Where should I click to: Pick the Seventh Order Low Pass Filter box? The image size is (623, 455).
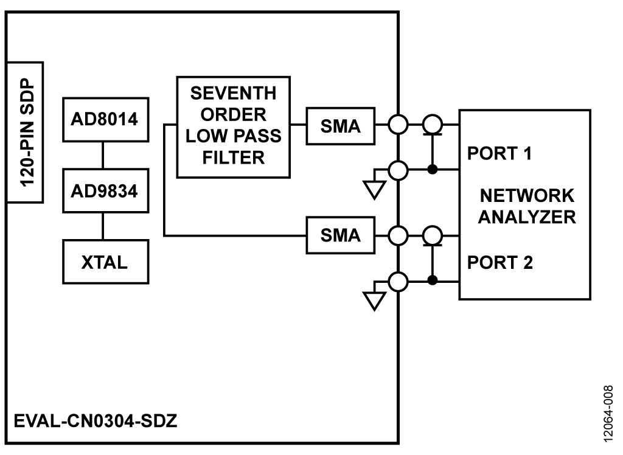234,127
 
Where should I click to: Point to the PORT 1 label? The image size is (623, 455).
499,154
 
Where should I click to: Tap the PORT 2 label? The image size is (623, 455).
499,263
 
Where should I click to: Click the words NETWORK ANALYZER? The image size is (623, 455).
526,207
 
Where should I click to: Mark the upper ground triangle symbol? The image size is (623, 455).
374,190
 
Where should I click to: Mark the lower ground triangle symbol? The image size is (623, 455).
374,300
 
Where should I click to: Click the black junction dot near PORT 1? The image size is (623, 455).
433,169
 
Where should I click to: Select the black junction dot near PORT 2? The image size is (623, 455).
433,280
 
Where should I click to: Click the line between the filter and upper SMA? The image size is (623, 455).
298,126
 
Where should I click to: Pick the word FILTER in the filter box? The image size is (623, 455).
234,158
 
